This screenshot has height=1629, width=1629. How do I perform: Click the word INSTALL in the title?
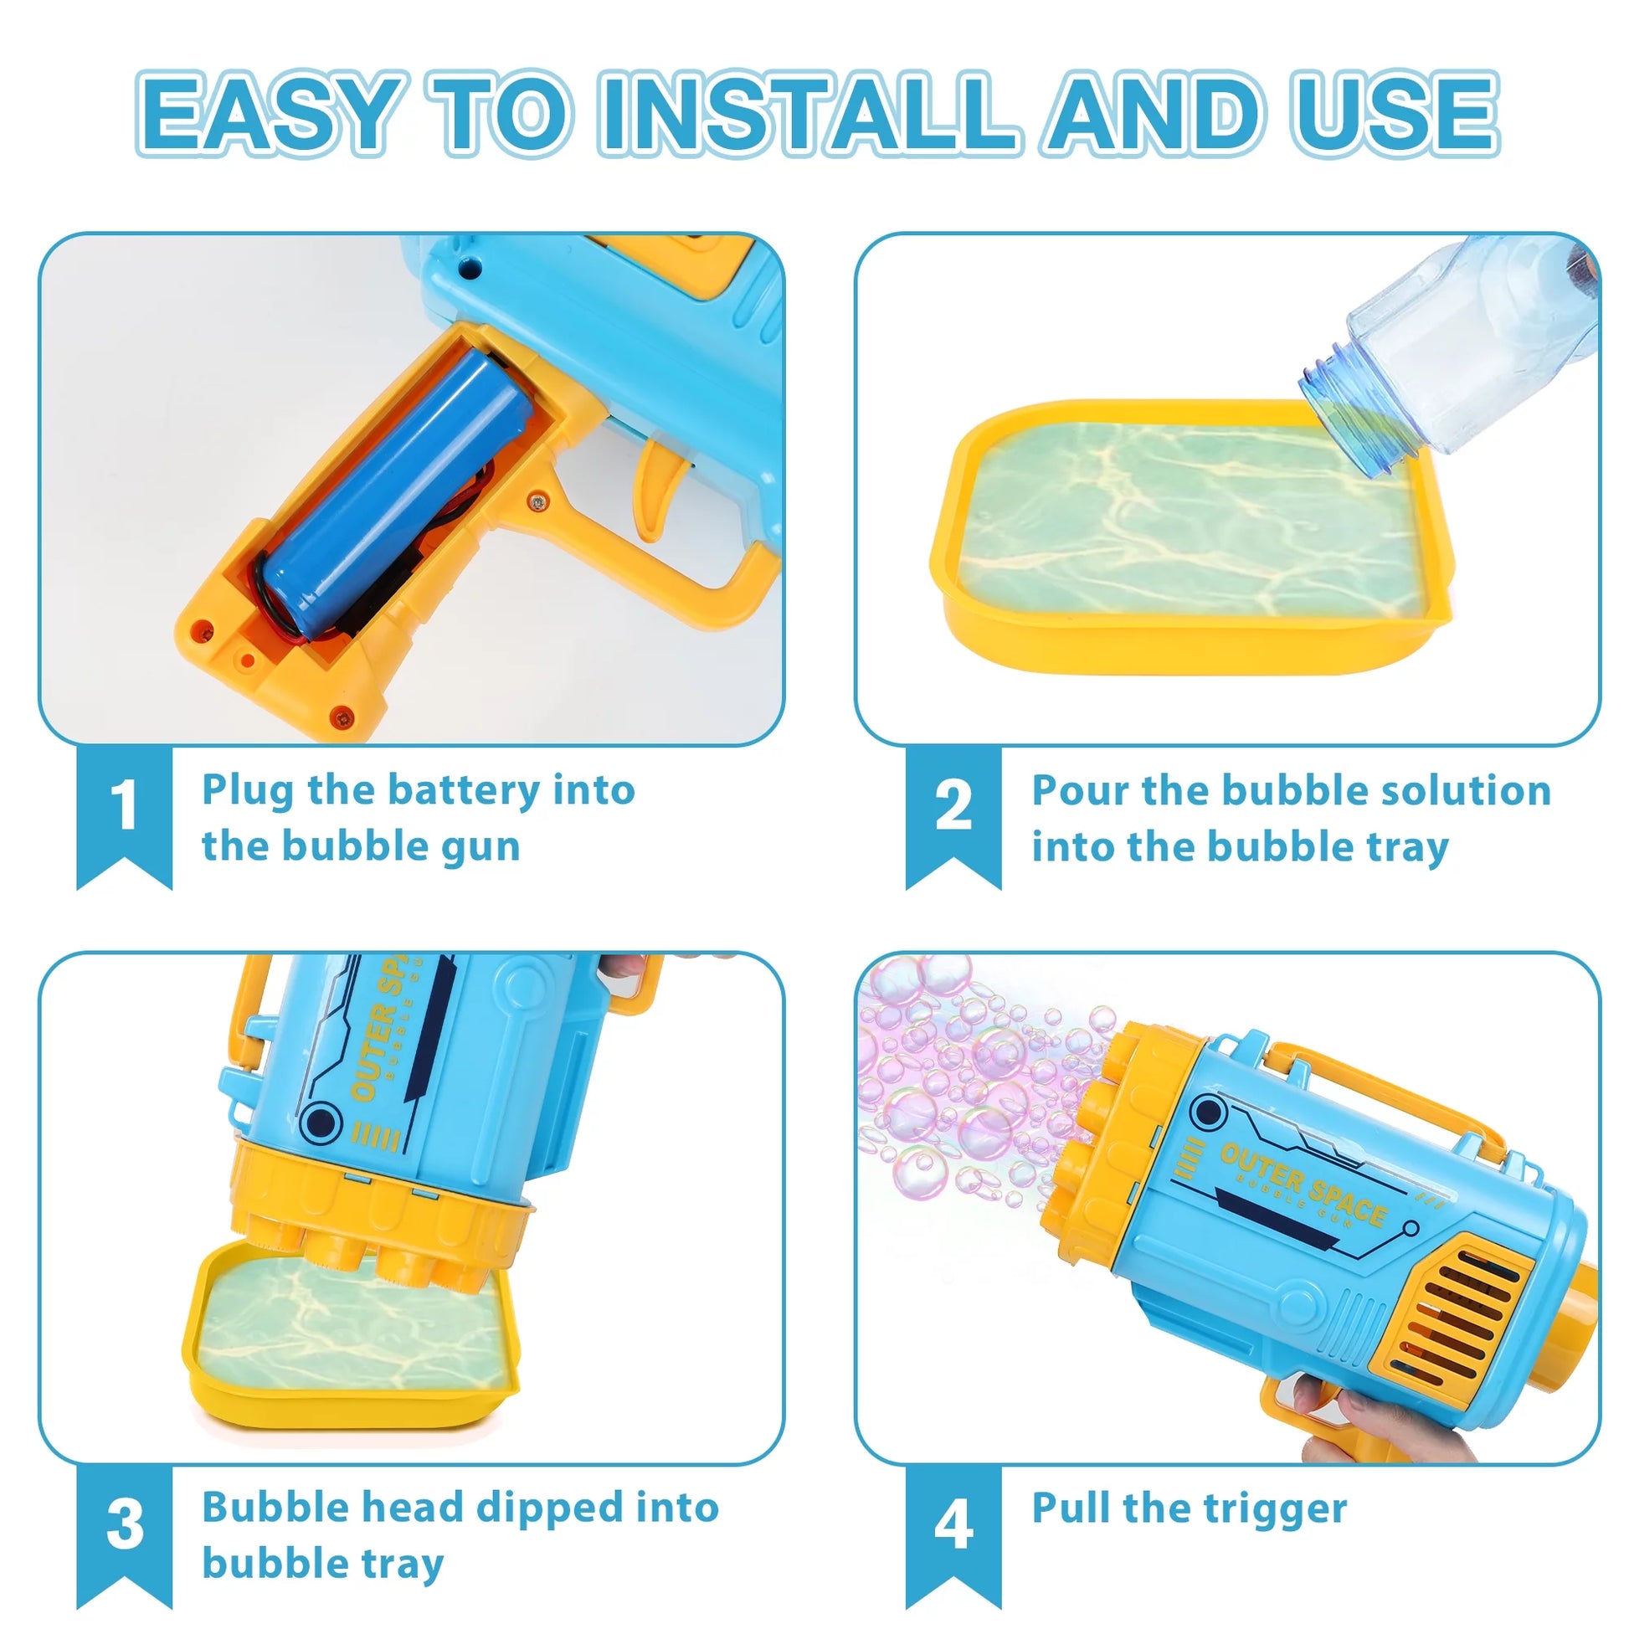tap(809, 114)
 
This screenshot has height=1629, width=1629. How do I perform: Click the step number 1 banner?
tap(125, 817)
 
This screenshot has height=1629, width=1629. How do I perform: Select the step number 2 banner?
tap(953, 817)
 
